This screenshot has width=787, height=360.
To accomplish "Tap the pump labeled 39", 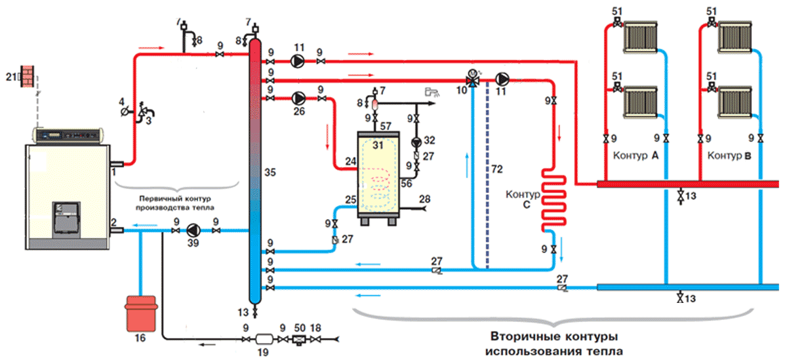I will (x=194, y=230).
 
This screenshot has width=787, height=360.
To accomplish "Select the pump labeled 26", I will (x=298, y=98).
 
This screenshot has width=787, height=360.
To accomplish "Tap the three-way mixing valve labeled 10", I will (x=471, y=79).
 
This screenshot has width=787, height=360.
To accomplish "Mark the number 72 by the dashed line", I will (x=497, y=170).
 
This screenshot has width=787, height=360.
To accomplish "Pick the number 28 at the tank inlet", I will (x=425, y=198).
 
